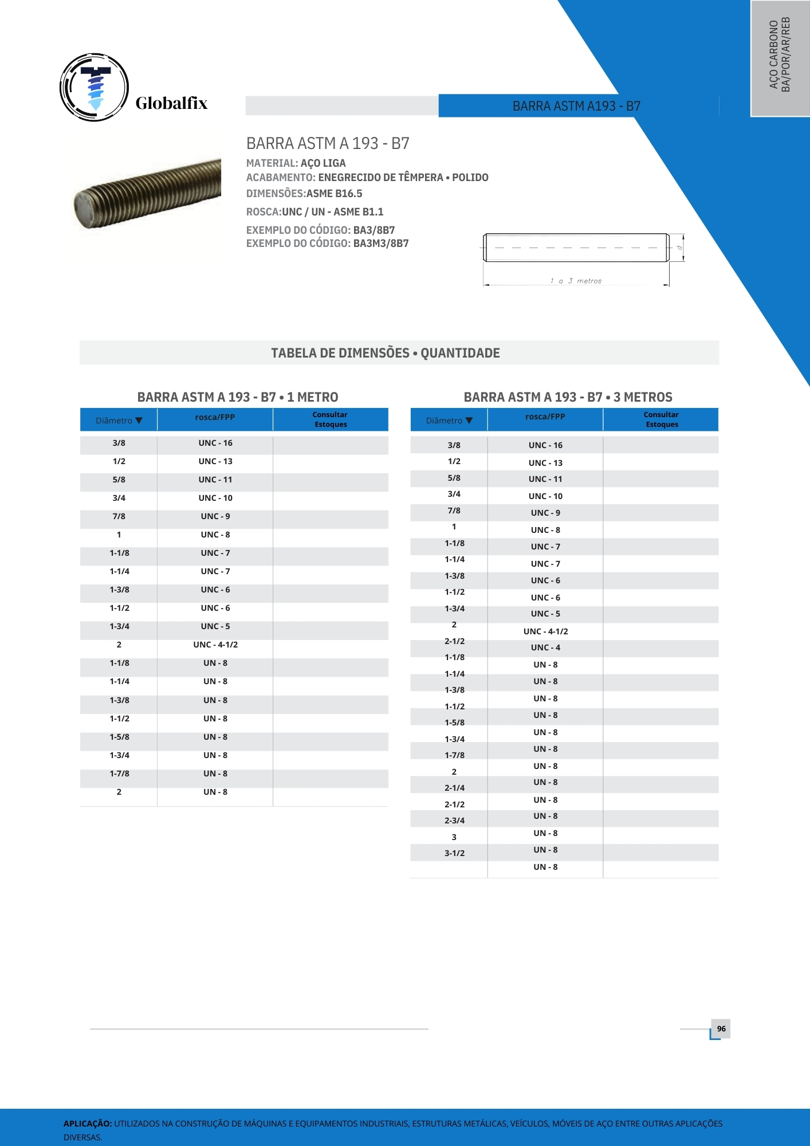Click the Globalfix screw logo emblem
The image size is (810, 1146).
tap(95, 88)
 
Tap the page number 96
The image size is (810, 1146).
tap(721, 1029)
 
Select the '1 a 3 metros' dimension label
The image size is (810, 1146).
tap(576, 281)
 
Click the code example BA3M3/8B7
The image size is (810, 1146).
tap(381, 244)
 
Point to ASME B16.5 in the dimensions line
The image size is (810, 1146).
tap(335, 194)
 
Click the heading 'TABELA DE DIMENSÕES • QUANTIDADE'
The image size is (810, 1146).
tap(386, 353)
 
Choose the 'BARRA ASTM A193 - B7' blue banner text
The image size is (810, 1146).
tap(576, 106)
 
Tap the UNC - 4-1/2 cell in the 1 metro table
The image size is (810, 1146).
tap(215, 645)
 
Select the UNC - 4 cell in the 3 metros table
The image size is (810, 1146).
tap(545, 647)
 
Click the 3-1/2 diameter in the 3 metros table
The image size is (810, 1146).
tap(454, 853)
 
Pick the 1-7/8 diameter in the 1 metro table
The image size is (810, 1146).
tap(119, 774)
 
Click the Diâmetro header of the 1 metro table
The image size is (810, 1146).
tap(119, 421)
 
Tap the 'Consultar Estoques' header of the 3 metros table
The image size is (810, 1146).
tap(661, 419)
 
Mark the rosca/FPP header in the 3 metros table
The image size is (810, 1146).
tap(545, 417)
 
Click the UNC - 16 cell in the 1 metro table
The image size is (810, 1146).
tap(215, 443)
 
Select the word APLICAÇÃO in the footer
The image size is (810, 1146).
tap(88, 1124)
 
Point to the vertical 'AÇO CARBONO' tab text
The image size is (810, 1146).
tap(774, 54)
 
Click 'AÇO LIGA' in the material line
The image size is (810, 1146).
tap(323, 163)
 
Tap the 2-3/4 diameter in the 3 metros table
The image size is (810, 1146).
tap(454, 821)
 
